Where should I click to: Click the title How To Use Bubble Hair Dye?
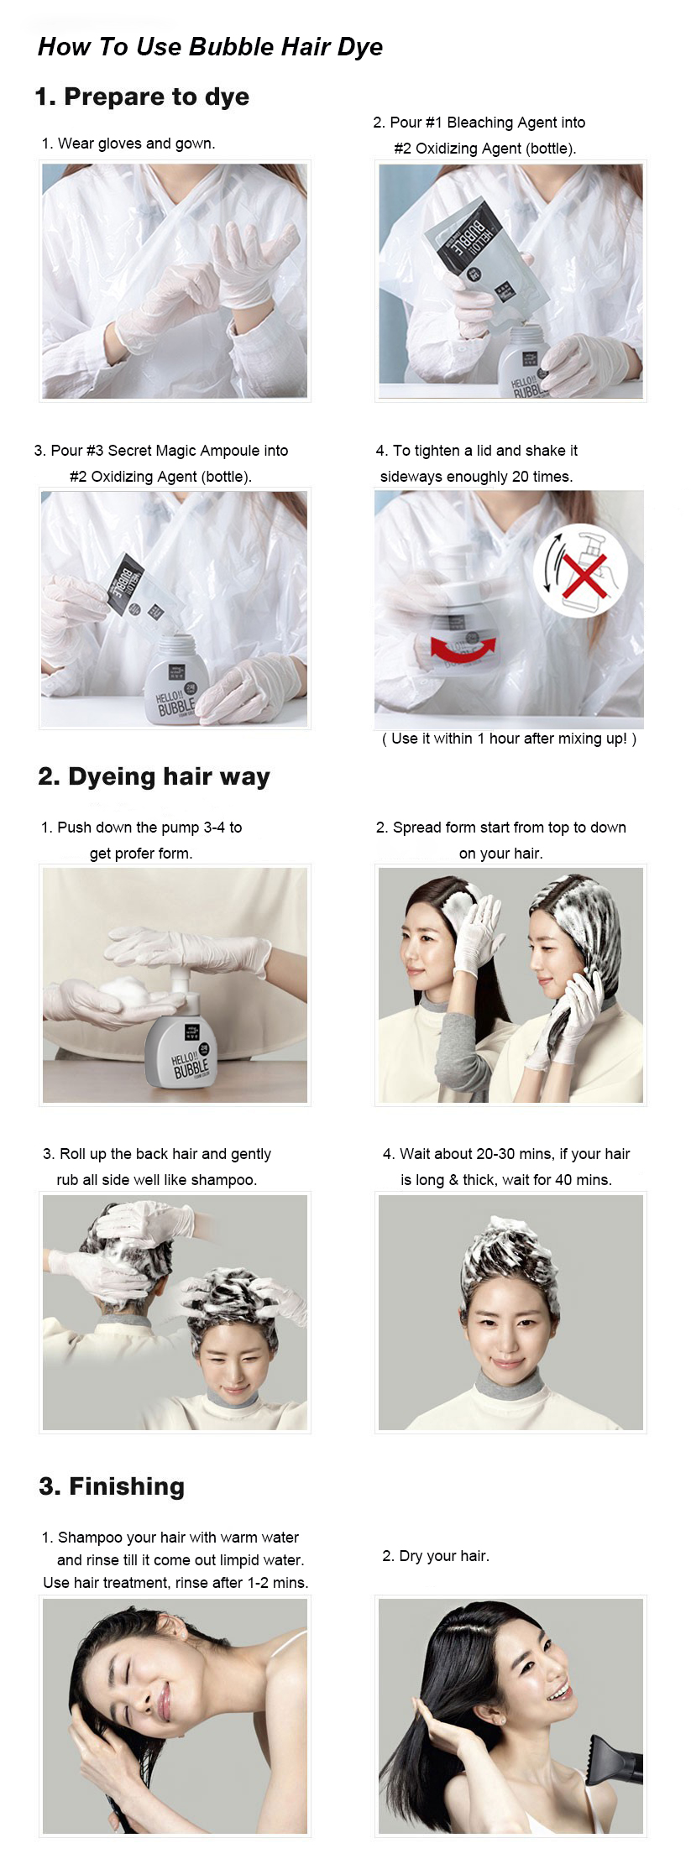coord(210,47)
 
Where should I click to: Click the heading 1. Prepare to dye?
coord(142,97)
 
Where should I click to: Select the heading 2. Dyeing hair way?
coord(154,776)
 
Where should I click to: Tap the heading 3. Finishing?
coord(112,1486)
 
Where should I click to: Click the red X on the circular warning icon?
coord(584,573)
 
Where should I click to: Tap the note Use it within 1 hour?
coord(509,739)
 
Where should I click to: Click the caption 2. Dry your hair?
coord(435,1556)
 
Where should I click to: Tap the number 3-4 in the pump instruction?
coord(215,828)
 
